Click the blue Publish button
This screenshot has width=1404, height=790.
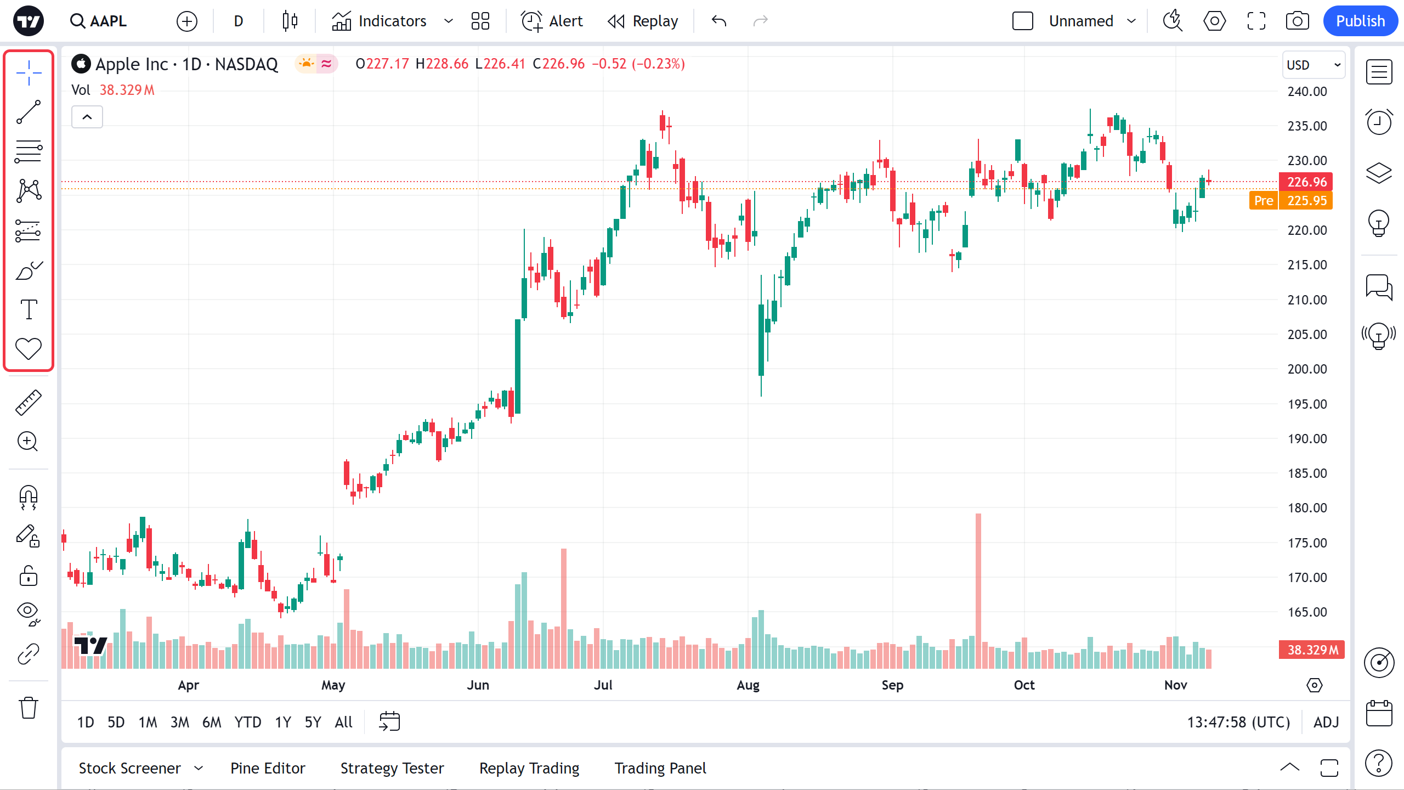(1360, 21)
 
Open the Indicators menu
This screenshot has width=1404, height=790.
(379, 21)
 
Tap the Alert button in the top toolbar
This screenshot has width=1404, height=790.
(552, 21)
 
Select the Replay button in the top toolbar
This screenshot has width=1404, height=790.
(643, 21)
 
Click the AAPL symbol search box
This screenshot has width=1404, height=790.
(99, 21)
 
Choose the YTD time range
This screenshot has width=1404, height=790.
(247, 722)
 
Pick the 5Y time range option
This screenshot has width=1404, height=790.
(313, 722)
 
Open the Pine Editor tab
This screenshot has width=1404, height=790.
(268, 768)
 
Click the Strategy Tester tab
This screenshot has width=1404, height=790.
(392, 768)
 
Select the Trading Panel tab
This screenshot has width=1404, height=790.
(660, 768)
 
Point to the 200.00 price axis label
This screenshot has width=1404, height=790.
(1307, 369)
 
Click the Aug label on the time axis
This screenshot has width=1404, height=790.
(748, 685)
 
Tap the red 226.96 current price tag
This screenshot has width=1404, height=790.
(1306, 182)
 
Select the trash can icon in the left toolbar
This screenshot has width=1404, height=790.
(29, 708)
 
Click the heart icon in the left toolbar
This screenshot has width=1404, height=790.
(29, 348)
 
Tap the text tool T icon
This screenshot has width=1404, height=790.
(29, 309)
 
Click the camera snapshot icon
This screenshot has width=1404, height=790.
(1297, 21)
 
